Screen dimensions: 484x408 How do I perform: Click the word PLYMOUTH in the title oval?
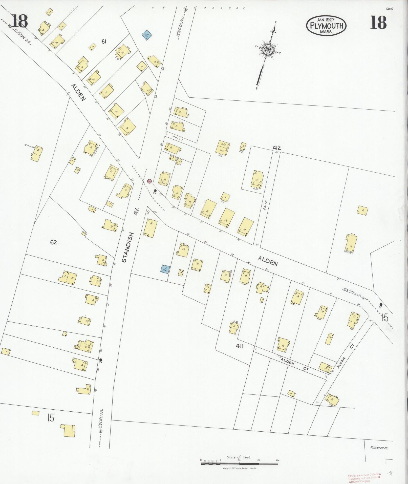pyautogui.click(x=326, y=26)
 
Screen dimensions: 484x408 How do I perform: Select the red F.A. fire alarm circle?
pyautogui.click(x=149, y=181)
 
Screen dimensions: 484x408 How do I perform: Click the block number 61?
pyautogui.click(x=104, y=42)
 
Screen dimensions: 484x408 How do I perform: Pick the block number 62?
pyautogui.click(x=54, y=242)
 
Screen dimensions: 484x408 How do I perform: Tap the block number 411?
pyautogui.click(x=240, y=346)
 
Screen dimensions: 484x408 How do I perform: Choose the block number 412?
pyautogui.click(x=277, y=148)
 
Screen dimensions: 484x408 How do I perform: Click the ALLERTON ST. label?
pyautogui.click(x=379, y=448)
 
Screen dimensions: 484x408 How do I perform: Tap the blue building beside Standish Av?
pyautogui.click(x=165, y=269)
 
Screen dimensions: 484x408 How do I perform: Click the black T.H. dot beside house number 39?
pyautogui.click(x=155, y=191)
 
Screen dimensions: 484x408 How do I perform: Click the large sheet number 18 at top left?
pyautogui.click(x=19, y=22)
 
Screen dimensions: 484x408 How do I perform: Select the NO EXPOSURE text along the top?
pyautogui.click(x=199, y=8)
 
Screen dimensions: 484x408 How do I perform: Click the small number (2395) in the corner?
pyautogui.click(x=390, y=9)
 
